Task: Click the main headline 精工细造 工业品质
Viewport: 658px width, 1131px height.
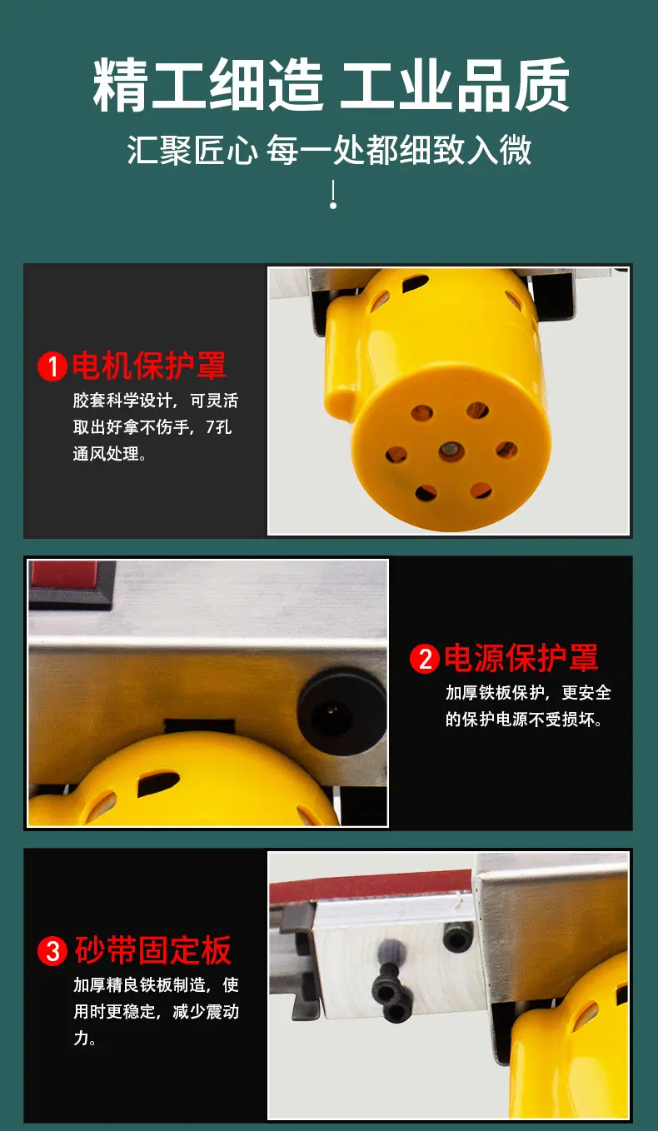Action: pyautogui.click(x=331, y=85)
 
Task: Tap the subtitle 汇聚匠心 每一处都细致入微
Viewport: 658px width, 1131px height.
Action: pyautogui.click(x=329, y=150)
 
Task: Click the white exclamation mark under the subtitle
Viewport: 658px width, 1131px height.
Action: pyautogui.click(x=333, y=194)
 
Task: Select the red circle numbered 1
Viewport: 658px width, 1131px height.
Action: pyautogui.click(x=52, y=366)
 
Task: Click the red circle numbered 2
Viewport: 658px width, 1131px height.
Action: pyautogui.click(x=425, y=659)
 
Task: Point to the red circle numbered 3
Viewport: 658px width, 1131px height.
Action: pyautogui.click(x=52, y=951)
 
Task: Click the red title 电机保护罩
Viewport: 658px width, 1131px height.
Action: pyautogui.click(x=149, y=365)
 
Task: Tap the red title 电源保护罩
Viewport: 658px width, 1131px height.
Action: pyautogui.click(x=521, y=657)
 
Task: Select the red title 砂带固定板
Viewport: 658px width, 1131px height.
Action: pyautogui.click(x=153, y=950)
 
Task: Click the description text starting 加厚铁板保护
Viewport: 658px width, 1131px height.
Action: pyautogui.click(x=528, y=706)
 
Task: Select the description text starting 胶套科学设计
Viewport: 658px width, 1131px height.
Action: pyautogui.click(x=155, y=427)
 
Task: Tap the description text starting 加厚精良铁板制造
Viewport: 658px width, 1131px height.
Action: pyautogui.click(x=156, y=1011)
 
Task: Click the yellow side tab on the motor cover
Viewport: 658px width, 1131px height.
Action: pyautogui.click(x=341, y=353)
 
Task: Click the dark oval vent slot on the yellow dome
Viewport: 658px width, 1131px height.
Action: pyautogui.click(x=158, y=783)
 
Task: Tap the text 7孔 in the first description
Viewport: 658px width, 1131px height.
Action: pyautogui.click(x=218, y=427)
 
